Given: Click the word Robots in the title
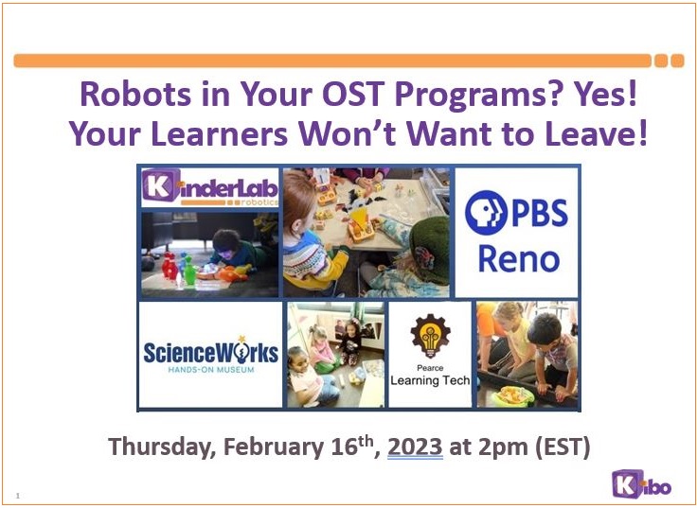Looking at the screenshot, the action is [136, 95].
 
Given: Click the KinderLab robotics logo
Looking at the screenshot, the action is [210, 187].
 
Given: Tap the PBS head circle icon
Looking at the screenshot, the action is [486, 212].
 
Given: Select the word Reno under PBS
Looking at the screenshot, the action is [518, 259].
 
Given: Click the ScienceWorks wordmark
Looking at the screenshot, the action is [210, 352].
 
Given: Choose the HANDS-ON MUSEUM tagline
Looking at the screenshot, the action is [211, 370].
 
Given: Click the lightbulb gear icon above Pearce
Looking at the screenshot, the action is [430, 336].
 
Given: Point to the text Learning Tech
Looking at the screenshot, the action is [430, 380].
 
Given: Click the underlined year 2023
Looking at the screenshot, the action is [415, 447].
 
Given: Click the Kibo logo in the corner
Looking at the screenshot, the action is [641, 484].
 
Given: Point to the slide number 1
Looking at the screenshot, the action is [18, 496].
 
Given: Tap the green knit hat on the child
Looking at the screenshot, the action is [429, 249].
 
